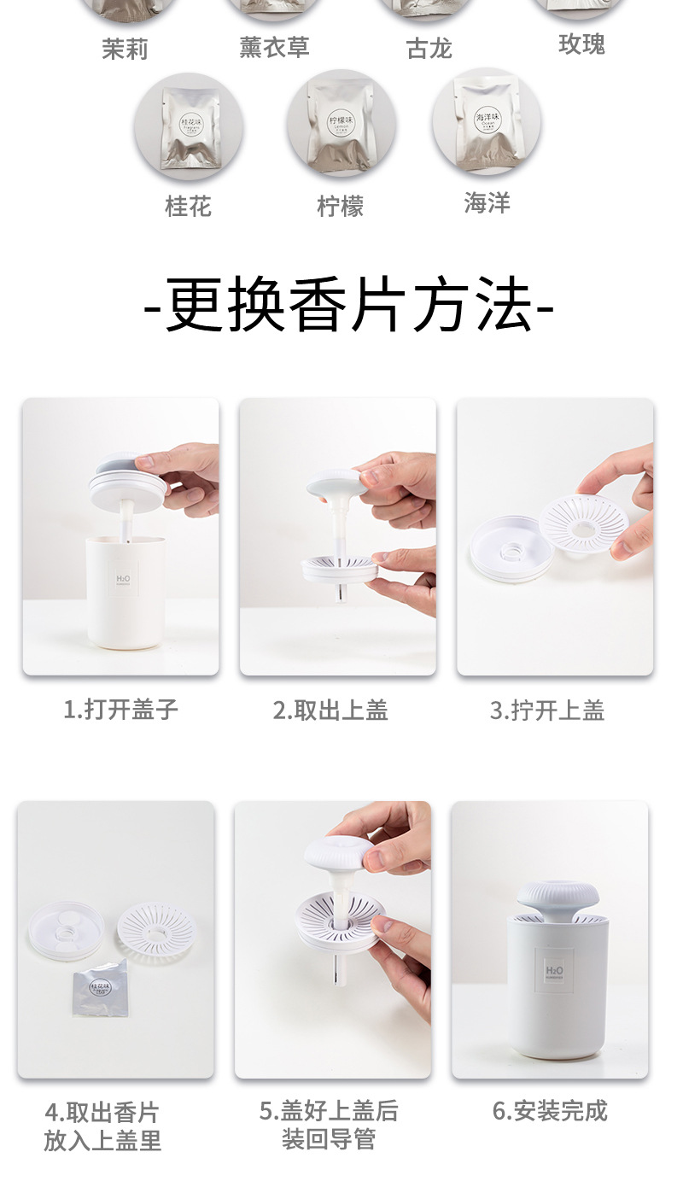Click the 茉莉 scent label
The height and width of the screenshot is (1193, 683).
click(x=125, y=50)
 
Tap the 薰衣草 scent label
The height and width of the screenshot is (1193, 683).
click(x=273, y=47)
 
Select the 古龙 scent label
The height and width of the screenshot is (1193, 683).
click(x=429, y=48)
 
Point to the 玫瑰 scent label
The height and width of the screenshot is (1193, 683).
click(x=581, y=44)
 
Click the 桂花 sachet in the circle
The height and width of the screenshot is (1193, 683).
click(x=189, y=126)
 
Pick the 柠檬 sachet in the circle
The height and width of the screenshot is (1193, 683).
click(x=341, y=124)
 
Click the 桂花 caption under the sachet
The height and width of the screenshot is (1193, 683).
click(x=188, y=206)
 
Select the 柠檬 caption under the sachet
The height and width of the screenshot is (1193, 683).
click(x=341, y=206)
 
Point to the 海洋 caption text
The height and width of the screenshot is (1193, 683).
click(x=487, y=202)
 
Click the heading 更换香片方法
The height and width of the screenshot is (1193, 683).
click(x=348, y=305)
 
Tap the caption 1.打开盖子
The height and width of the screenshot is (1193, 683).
click(x=120, y=709)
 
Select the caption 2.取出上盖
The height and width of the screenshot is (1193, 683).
click(x=330, y=710)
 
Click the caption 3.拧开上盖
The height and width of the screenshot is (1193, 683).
click(x=547, y=710)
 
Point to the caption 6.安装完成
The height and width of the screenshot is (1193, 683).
click(x=550, y=1110)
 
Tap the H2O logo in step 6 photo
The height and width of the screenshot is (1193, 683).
click(x=554, y=971)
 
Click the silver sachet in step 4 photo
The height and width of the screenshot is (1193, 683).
click(x=100, y=991)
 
